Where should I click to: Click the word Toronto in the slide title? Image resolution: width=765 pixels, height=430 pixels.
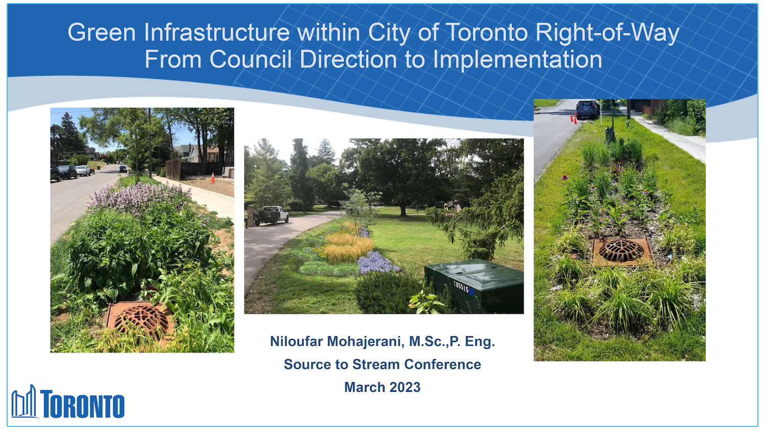pyautogui.click(x=487, y=33)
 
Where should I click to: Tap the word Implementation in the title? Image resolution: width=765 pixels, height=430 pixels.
pyautogui.click(x=517, y=60)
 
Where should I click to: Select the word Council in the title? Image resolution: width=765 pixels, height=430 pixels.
pyautogui.click(x=250, y=60)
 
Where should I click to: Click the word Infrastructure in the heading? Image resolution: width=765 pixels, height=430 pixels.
pyautogui.click(x=217, y=33)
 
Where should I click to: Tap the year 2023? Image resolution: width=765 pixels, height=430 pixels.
pyautogui.click(x=405, y=387)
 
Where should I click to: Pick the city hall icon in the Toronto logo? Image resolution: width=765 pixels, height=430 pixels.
pyautogui.click(x=24, y=402)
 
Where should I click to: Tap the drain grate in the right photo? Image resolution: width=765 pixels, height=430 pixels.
pyautogui.click(x=622, y=251)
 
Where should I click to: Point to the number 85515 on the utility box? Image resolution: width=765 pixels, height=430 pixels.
pyautogui.click(x=461, y=287)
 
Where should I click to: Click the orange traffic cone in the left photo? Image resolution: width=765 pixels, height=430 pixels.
pyautogui.click(x=212, y=178)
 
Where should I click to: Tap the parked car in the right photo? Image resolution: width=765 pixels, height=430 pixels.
pyautogui.click(x=588, y=109)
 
